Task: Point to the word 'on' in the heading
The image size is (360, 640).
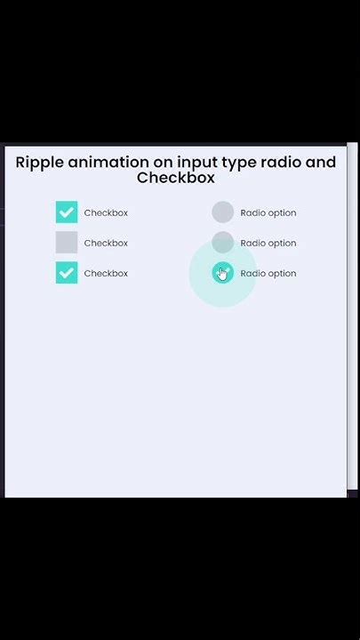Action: (x=163, y=163)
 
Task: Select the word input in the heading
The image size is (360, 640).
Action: (x=198, y=163)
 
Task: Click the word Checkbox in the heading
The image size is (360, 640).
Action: (x=176, y=178)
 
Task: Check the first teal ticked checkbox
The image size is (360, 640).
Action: (x=67, y=212)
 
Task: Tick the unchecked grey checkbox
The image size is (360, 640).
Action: (x=67, y=243)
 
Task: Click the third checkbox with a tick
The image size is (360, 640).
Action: (x=67, y=273)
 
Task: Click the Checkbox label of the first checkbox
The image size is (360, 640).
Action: (x=106, y=213)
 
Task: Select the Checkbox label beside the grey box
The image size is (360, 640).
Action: (x=106, y=244)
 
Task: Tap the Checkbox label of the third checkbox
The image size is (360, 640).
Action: (x=106, y=274)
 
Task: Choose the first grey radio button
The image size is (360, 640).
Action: (x=222, y=212)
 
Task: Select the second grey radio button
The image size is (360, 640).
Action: (x=222, y=242)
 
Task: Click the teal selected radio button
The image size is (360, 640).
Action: (x=222, y=273)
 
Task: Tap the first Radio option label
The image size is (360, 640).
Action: (x=268, y=213)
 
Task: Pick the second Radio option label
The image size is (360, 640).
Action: (x=268, y=244)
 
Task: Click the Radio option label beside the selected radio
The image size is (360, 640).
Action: (x=268, y=274)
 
